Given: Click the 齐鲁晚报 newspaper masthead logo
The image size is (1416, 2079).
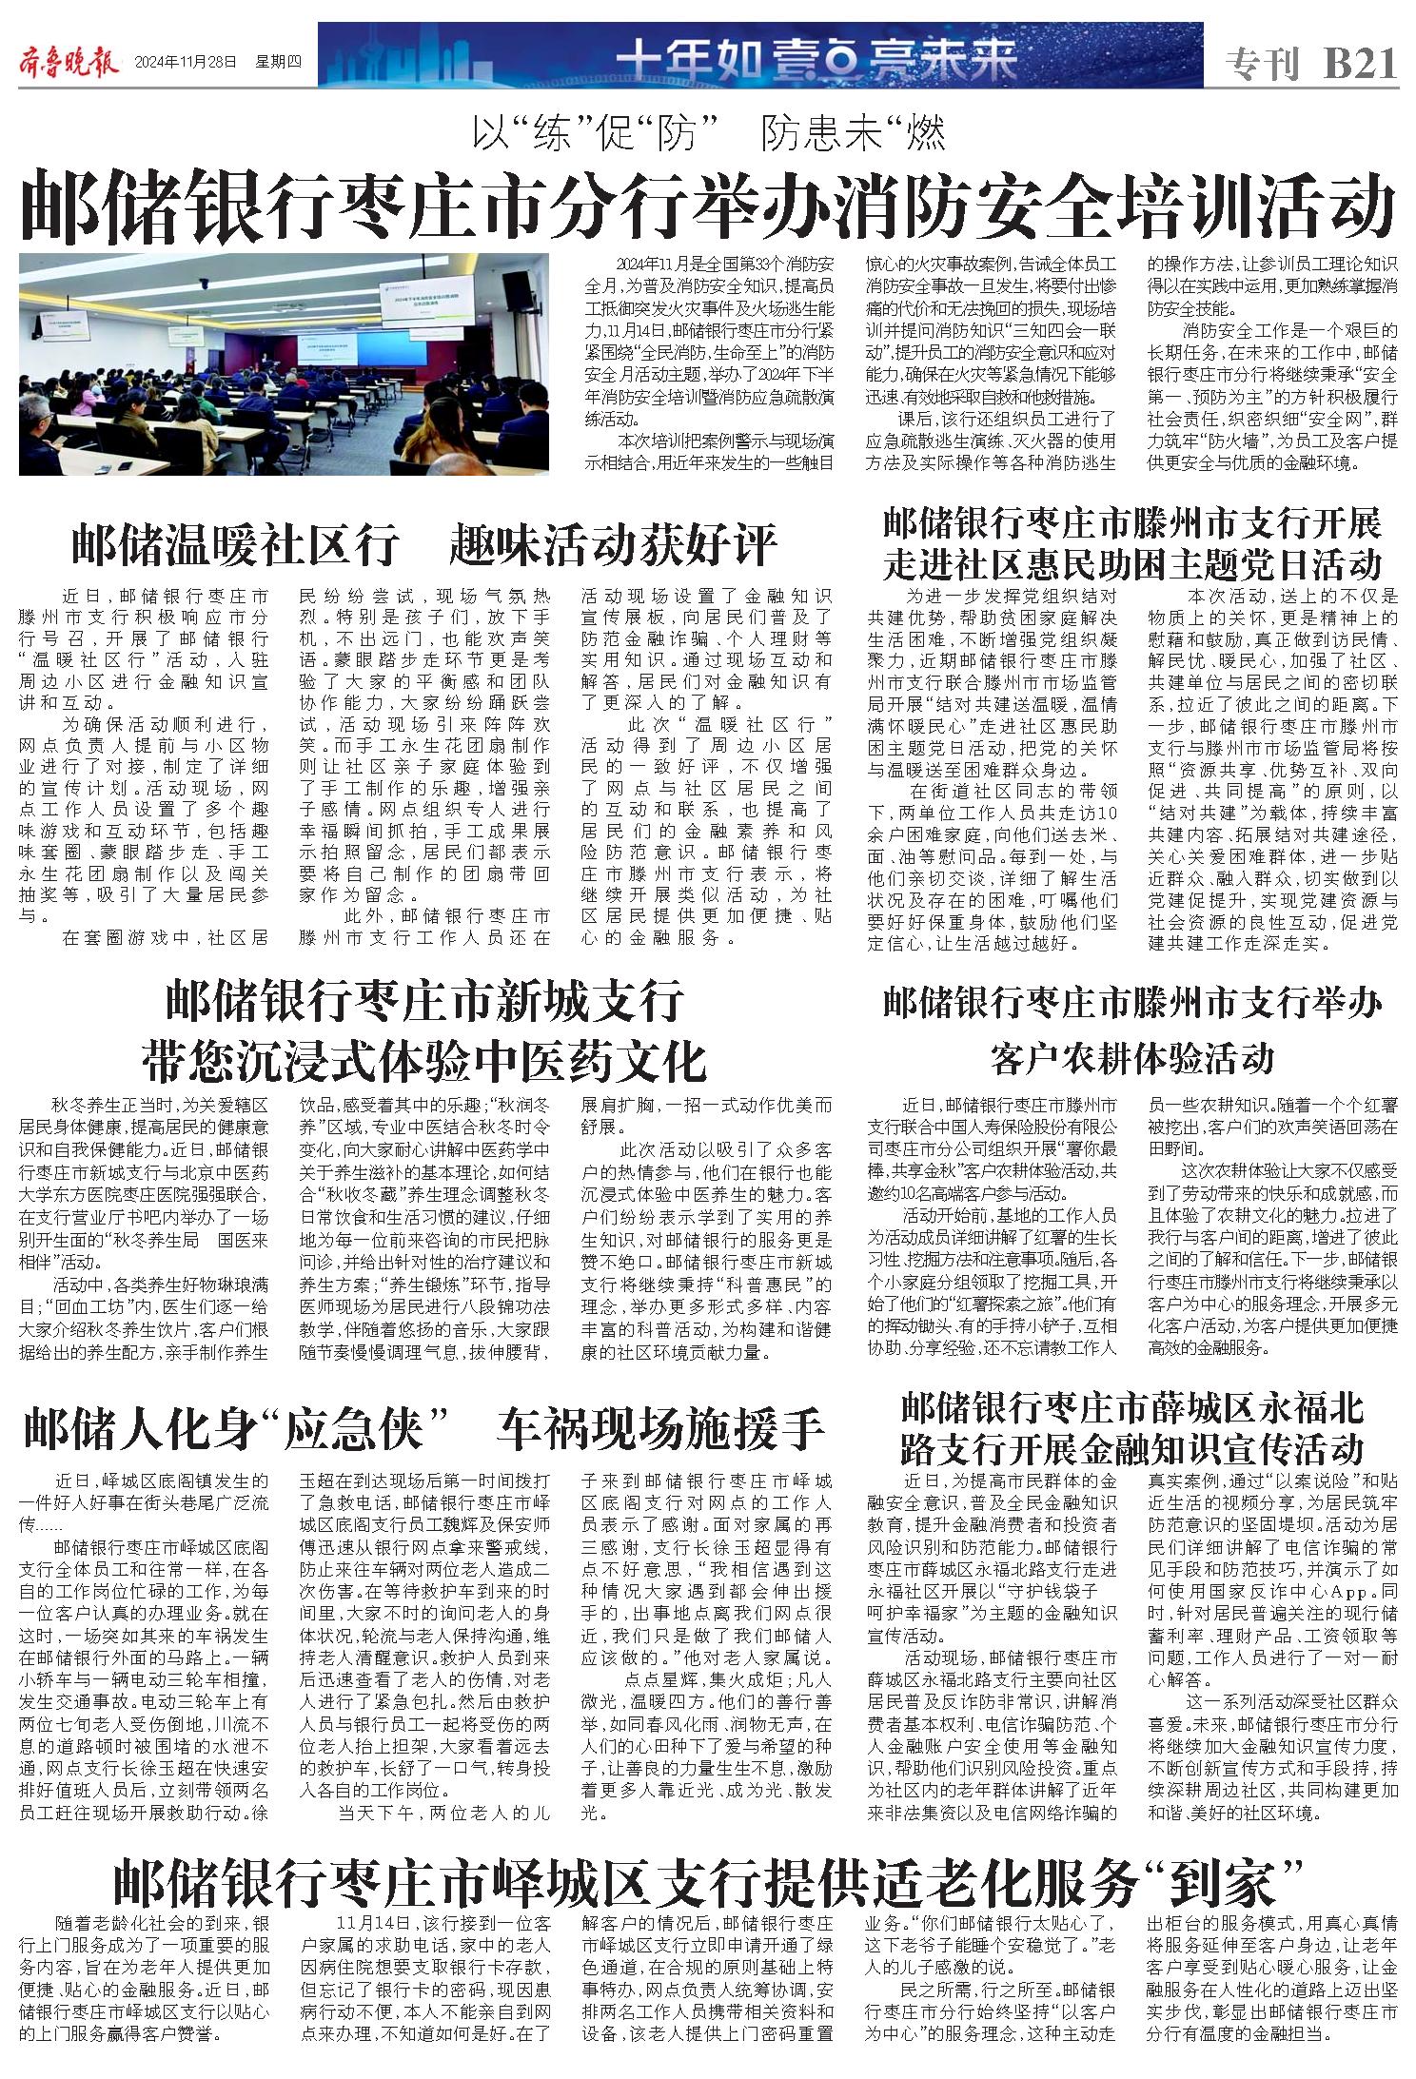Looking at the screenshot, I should pyautogui.click(x=69, y=64).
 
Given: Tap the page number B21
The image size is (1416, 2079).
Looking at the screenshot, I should pyautogui.click(x=1361, y=65).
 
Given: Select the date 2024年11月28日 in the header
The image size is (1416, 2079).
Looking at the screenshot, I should pyautogui.click(x=186, y=63).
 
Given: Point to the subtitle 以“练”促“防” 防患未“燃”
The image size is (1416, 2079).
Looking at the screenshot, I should pyautogui.click(x=709, y=135).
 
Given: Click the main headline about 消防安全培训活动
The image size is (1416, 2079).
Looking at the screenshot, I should pyautogui.click(x=708, y=206).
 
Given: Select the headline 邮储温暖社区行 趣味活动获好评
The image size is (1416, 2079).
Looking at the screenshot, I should pyautogui.click(x=424, y=544).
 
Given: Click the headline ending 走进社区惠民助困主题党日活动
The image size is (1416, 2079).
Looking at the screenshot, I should pyautogui.click(x=1132, y=563).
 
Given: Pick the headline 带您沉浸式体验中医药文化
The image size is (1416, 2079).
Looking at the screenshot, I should pyautogui.click(x=424, y=1060).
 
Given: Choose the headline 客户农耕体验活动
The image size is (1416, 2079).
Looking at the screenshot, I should pyautogui.click(x=1132, y=1057).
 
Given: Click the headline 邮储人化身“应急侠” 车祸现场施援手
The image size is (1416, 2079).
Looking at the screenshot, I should pyautogui.click(x=424, y=1428).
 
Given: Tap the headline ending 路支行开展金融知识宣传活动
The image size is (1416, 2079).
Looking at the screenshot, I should pyautogui.click(x=1132, y=1449).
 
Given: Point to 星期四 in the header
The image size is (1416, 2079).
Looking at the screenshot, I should pyautogui.click(x=278, y=63).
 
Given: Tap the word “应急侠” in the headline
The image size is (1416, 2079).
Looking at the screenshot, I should pyautogui.click(x=364, y=1428).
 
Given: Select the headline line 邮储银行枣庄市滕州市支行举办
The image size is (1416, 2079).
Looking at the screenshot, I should pyautogui.click(x=1132, y=1001).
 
